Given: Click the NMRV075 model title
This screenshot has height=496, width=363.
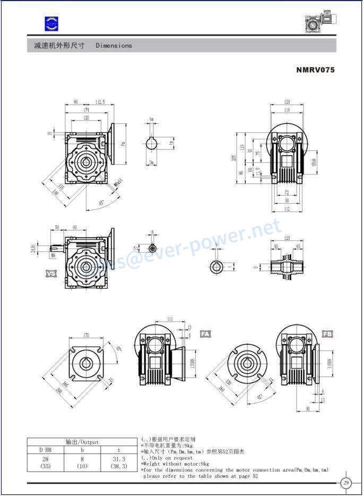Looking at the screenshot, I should pyautogui.click(x=315, y=70).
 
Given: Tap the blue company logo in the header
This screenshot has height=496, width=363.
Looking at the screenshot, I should pyautogui.click(x=51, y=23).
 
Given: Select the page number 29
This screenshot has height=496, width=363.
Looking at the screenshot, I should pyautogui.click(x=346, y=483).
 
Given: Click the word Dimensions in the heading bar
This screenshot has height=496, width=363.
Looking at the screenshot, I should pyautogui.click(x=114, y=46).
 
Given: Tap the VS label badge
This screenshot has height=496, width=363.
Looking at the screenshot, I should pyautogui.click(x=51, y=274).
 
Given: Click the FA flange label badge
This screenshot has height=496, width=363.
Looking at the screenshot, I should pyautogui.click(x=205, y=334).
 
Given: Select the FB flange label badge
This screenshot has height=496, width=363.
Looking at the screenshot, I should pyautogui.click(x=327, y=334).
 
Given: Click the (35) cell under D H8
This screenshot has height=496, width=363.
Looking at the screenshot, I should pyautogui.click(x=45, y=466).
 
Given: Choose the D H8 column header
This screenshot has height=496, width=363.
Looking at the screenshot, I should pyautogui.click(x=45, y=450).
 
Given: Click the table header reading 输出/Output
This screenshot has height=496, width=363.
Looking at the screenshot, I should pyautogui.click(x=82, y=442).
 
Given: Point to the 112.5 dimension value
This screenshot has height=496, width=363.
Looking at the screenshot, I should pyautogui.click(x=100, y=102).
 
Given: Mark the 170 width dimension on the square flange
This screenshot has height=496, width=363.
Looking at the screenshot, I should pyautogui.click(x=86, y=336).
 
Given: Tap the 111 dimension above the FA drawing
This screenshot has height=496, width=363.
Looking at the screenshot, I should pyautogui.click(x=170, y=319).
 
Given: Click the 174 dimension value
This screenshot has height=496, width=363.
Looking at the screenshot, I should pyautogui.click(x=86, y=110).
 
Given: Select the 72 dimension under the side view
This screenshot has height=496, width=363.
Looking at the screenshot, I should pyautogui.click(x=287, y=192).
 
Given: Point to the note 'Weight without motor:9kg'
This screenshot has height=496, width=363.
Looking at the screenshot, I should pyautogui.click(x=175, y=464).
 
